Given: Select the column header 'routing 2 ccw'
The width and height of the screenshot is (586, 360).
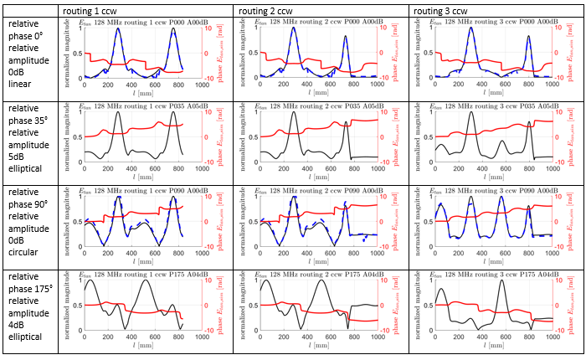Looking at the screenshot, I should (x=267, y=9).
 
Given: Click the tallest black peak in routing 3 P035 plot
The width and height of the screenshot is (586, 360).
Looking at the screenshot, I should (x=471, y=113).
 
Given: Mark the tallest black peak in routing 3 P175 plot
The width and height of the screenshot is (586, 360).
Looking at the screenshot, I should (x=501, y=280).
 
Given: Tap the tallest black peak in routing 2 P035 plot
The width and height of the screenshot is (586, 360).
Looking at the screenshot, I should (x=293, y=113).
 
